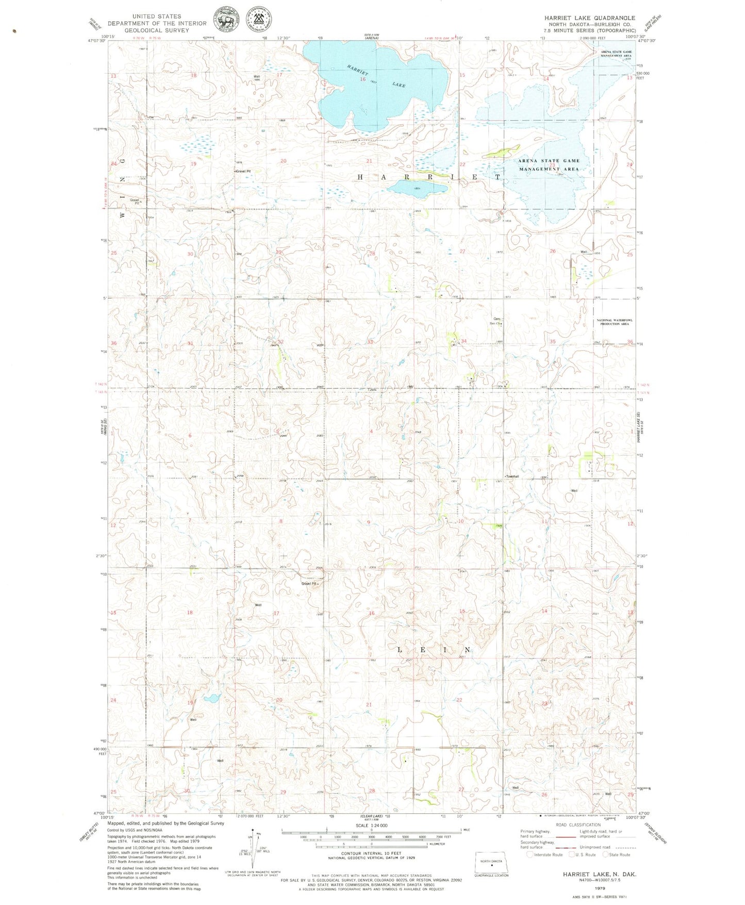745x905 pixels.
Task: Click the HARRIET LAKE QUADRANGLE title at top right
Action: (589, 18)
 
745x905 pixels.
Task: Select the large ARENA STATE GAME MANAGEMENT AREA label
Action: (549, 164)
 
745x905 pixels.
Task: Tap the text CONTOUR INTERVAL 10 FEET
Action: (371, 857)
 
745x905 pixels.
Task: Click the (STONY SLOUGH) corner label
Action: (656, 833)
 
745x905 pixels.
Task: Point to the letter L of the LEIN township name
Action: (401, 650)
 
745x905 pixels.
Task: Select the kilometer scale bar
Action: (371, 847)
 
